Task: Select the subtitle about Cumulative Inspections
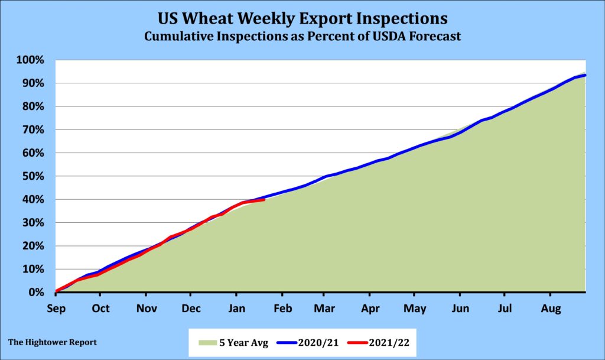pos(302,36)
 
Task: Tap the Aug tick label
pos(550,308)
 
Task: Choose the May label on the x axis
pos(415,308)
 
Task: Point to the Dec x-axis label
pos(190,308)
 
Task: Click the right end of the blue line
pos(585,75)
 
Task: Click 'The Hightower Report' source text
pos(53,342)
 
